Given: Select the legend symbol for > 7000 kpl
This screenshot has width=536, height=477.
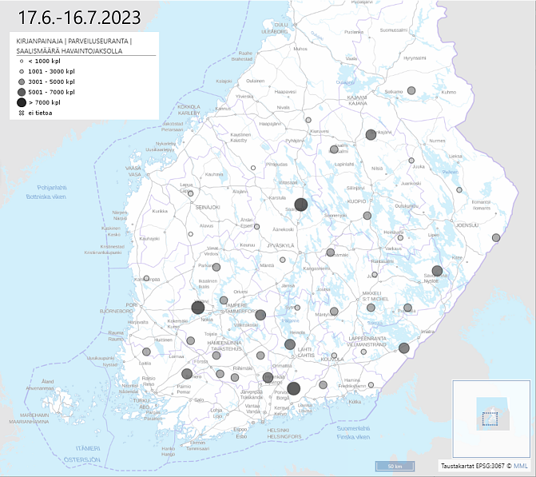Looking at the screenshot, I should [x=21, y=102].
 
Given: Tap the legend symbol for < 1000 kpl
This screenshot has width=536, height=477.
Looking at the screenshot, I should [x=21, y=61].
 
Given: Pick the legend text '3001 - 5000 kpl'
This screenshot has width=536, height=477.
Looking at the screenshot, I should [x=51, y=81].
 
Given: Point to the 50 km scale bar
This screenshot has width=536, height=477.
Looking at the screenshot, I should [x=394, y=465].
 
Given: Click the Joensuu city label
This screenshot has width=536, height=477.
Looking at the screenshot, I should [x=467, y=225].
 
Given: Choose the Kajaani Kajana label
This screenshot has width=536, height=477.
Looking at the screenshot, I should [x=356, y=101].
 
